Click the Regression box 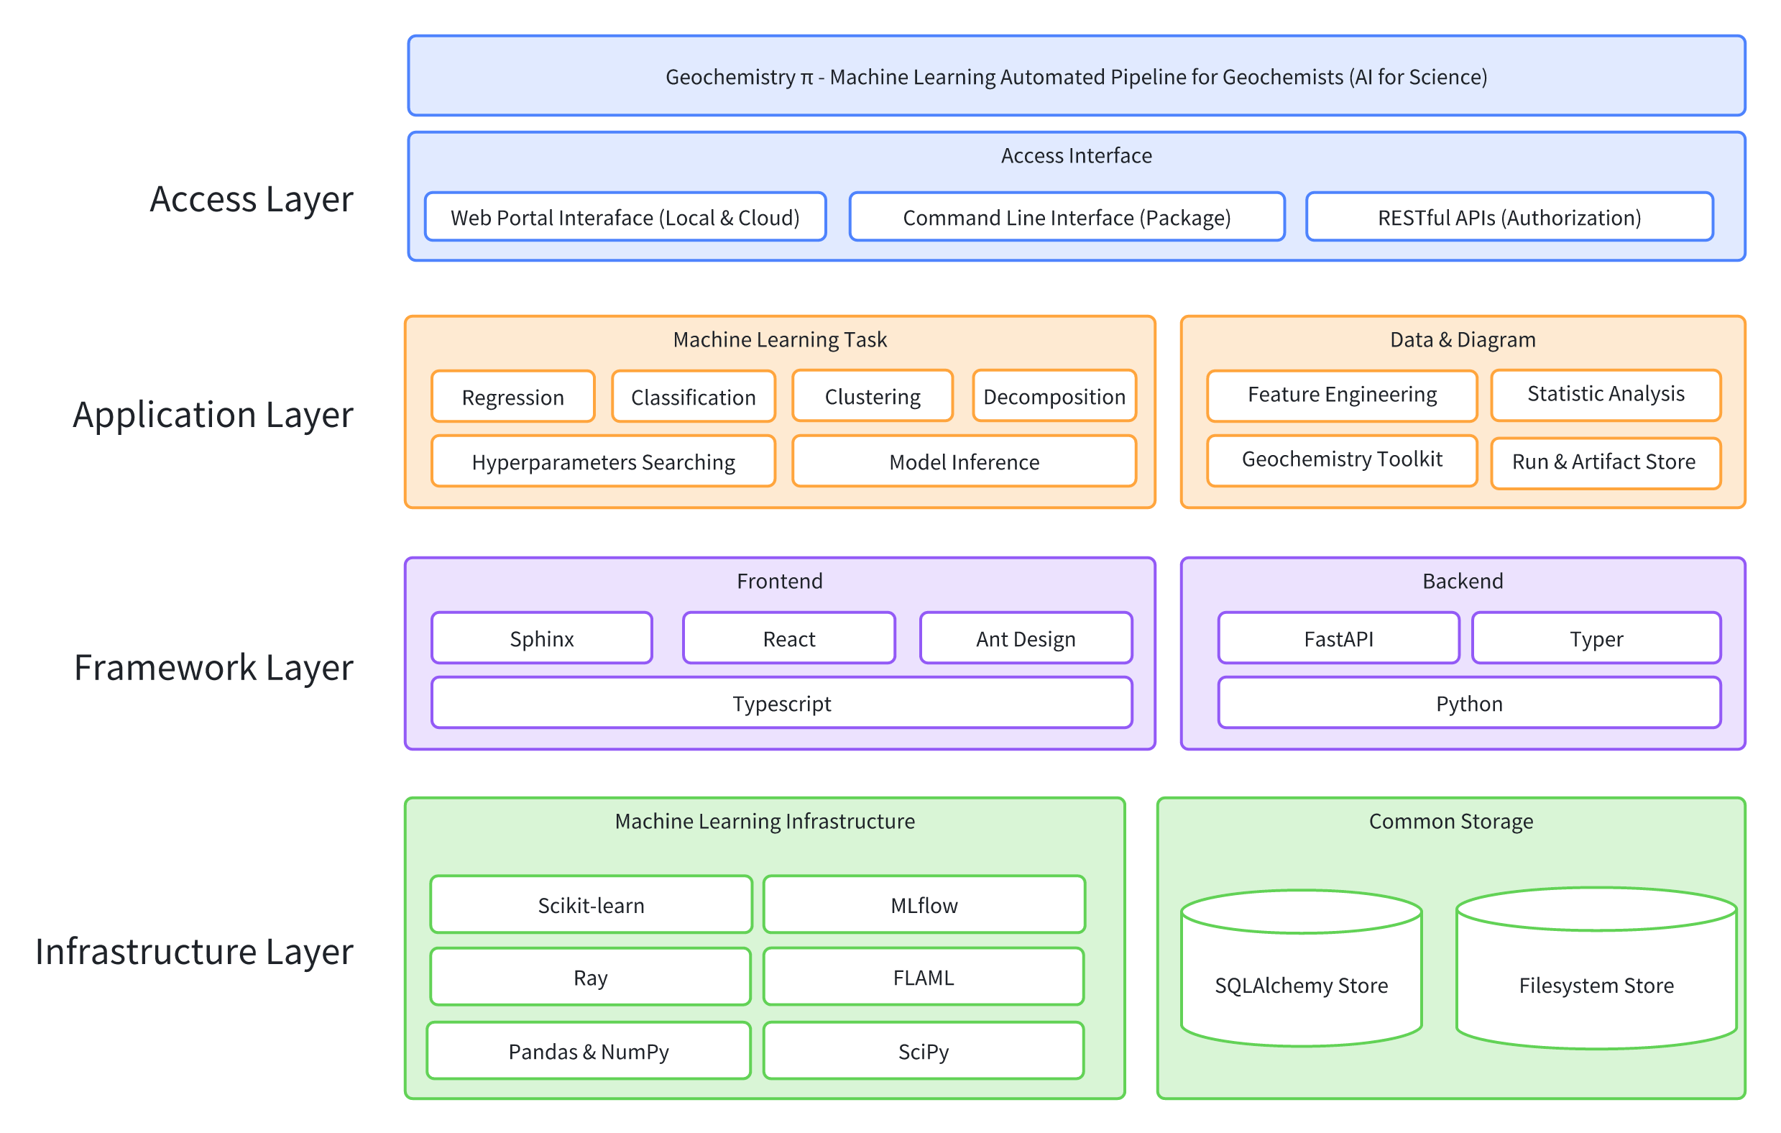512,397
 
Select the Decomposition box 1054,396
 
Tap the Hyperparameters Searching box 603,461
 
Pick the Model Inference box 964,461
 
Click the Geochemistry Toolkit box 1342,459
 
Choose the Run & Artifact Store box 1605,462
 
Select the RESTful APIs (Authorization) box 1509,217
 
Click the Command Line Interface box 1067,217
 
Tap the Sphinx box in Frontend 541,638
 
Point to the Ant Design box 1025,638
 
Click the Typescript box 782,702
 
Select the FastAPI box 1338,638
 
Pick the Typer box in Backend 1596,638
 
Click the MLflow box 924,904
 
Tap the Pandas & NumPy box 589,1050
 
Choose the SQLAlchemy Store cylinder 1301,984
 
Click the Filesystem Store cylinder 1596,984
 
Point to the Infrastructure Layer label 194,951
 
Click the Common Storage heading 1450,821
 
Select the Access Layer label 252,198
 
